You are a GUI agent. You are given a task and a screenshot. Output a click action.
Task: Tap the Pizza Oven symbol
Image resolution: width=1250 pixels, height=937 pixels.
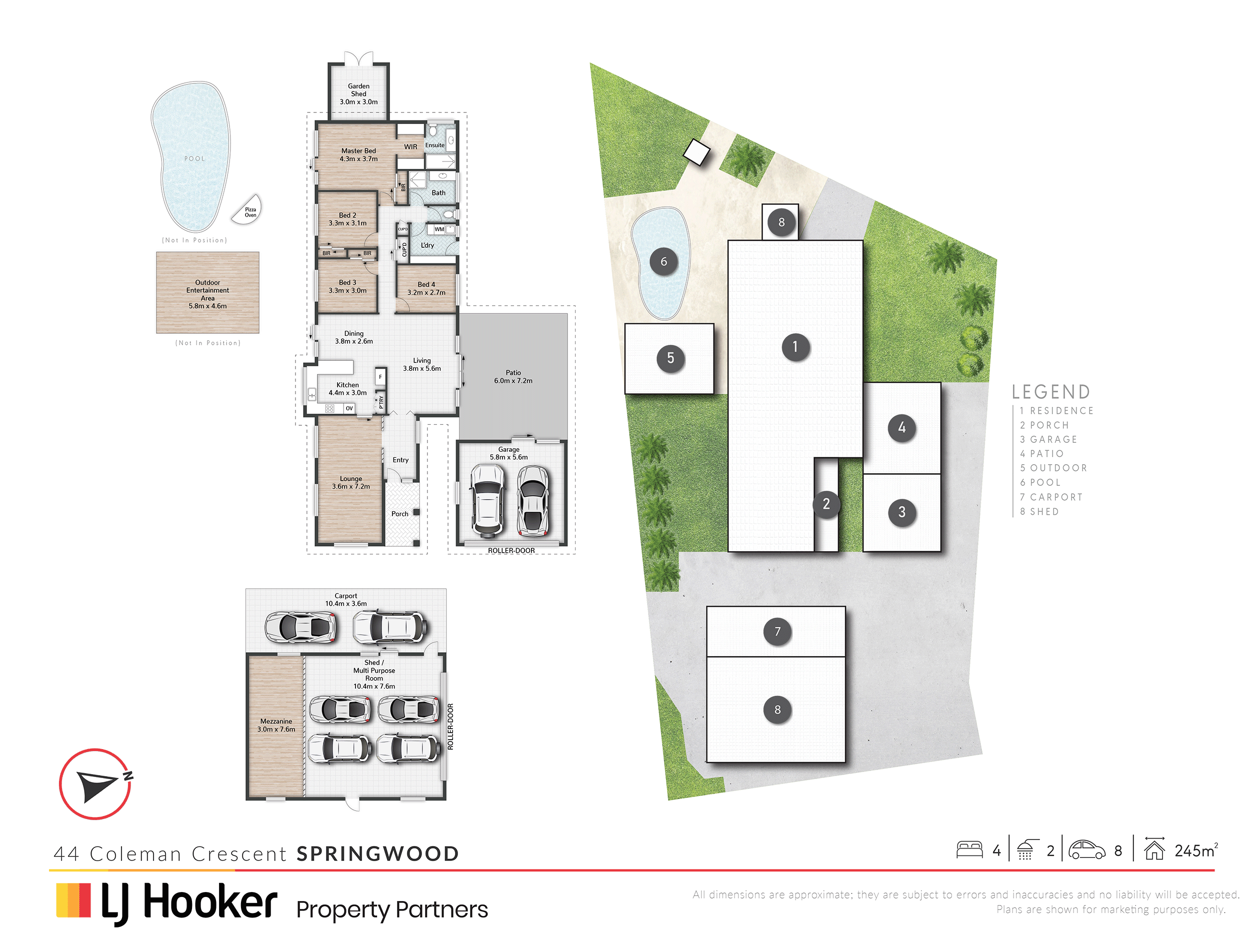coord(247,209)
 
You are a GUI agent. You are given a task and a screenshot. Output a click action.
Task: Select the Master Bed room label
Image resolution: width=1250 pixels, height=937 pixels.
coord(358,151)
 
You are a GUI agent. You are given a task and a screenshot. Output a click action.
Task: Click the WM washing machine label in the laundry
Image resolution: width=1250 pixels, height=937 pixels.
coord(439,229)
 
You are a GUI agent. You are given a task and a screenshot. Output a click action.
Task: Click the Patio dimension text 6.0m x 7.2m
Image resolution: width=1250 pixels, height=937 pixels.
coord(513,381)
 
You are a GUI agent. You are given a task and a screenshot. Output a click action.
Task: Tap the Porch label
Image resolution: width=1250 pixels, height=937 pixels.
coord(399,514)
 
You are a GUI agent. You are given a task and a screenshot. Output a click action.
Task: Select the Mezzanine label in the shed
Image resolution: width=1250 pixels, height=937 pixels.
coord(276,721)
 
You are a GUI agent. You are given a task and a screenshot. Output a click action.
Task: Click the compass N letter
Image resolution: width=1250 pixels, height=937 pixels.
coord(128,776)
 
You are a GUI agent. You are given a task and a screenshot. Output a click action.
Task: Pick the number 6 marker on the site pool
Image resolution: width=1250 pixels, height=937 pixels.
coord(663,261)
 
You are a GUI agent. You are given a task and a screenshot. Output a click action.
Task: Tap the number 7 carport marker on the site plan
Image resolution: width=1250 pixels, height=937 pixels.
coord(777,632)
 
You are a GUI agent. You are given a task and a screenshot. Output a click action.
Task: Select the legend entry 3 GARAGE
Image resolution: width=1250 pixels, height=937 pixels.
coord(1048,439)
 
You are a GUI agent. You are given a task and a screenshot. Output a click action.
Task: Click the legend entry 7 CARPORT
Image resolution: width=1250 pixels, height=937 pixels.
coord(1051,497)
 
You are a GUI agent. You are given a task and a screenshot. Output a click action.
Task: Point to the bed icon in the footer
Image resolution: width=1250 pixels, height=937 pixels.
coord(969,850)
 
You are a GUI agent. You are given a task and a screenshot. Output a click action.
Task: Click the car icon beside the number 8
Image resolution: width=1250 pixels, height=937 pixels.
coord(1086,850)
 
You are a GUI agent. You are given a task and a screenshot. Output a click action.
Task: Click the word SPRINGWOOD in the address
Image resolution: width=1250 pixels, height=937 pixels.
coord(377,854)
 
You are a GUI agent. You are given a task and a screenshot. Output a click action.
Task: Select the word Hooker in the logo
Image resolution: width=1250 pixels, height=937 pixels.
coord(210,902)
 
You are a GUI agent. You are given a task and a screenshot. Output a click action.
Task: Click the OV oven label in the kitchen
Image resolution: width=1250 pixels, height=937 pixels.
coord(349,408)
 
